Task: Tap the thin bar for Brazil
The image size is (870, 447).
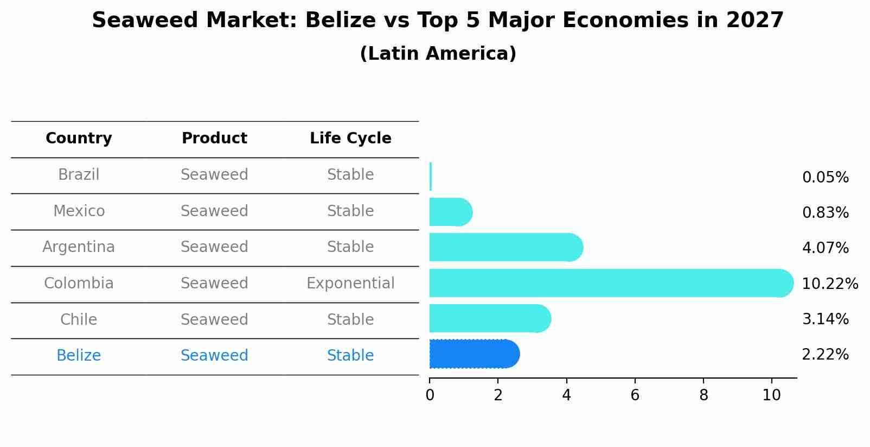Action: [x=431, y=177]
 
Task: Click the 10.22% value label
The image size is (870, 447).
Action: [x=829, y=284]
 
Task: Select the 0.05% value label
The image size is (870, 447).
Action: [x=825, y=178]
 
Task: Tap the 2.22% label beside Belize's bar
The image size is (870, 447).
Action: [x=825, y=355]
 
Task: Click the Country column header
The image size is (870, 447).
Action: [x=79, y=138]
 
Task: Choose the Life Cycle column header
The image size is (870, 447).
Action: [x=350, y=138]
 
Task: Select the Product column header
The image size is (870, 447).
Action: [x=214, y=138]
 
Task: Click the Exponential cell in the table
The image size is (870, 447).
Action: [x=350, y=284]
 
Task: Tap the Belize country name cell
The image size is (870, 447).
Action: [x=79, y=356]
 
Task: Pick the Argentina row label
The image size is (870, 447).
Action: [x=79, y=247]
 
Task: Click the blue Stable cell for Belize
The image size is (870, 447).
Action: [x=350, y=356]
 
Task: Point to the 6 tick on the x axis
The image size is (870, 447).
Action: [x=635, y=395]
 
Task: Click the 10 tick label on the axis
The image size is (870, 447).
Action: [x=771, y=395]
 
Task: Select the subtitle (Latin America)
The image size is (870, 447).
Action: [x=438, y=54]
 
